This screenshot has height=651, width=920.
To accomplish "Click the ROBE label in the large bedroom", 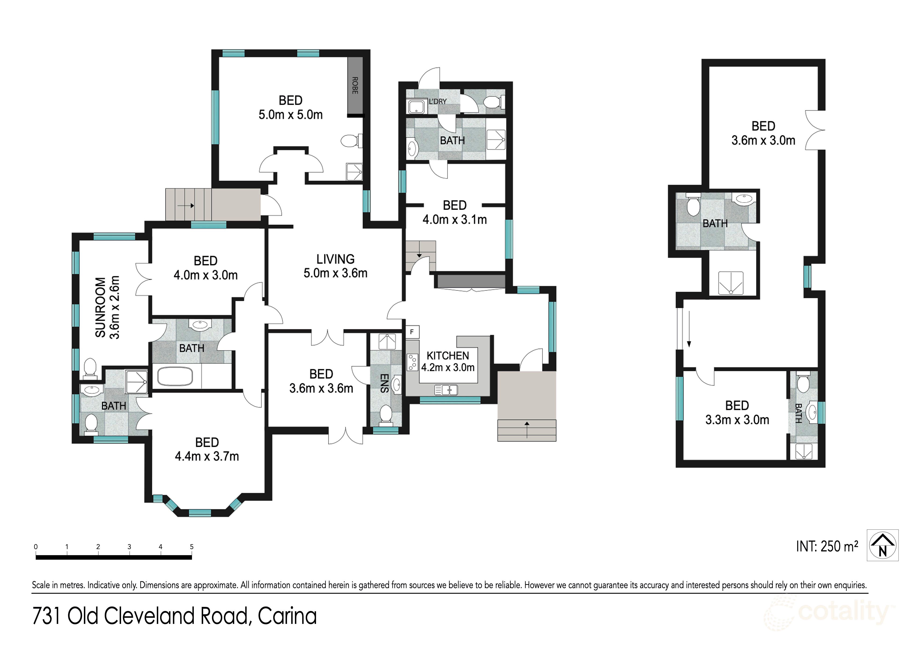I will [355, 85].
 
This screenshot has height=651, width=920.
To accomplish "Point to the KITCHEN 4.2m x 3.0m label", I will [448, 361].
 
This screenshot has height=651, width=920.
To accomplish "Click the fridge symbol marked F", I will [412, 332].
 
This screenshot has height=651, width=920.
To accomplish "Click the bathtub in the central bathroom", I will [175, 376].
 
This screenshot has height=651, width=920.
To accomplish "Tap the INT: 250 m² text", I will [827, 546].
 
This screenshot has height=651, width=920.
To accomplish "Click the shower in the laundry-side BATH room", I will [496, 140].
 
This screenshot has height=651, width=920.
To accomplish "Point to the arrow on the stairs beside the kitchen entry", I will [527, 430].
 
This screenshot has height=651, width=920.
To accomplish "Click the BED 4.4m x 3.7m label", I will [207, 449].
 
